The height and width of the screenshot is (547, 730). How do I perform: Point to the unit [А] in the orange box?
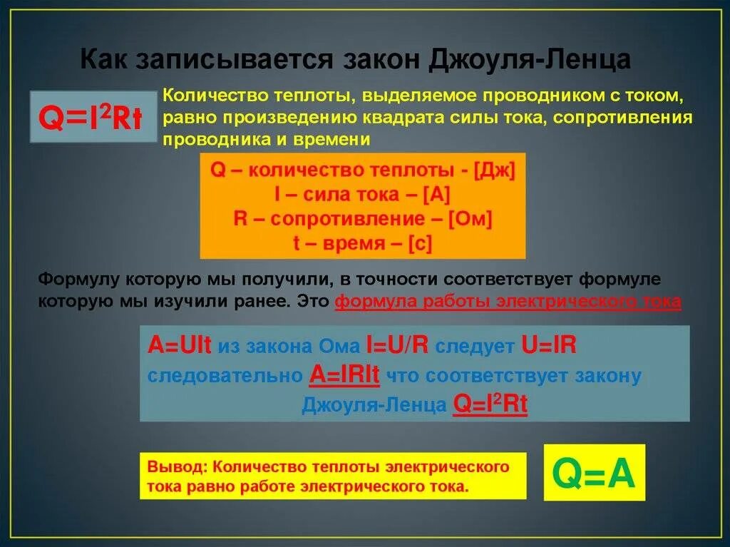pos(436,194)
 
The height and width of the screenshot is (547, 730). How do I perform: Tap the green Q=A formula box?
pos(594,472)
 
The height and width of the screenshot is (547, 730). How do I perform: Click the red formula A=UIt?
pos(180,346)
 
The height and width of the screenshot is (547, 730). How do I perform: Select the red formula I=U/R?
pos(396,346)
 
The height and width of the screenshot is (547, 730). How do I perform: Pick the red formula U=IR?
pos(549,346)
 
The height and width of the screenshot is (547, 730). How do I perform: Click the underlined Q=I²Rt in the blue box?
pos(490,404)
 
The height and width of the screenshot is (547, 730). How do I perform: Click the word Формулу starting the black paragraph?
pos(75,278)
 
